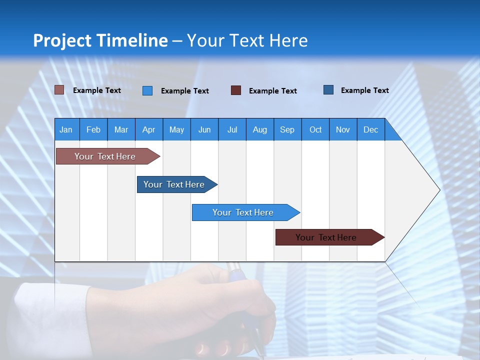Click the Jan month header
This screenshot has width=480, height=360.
(x=66, y=129)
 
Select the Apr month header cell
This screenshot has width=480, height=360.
(x=149, y=129)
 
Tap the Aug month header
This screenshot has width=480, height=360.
(x=260, y=129)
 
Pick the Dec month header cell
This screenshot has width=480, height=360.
(x=371, y=129)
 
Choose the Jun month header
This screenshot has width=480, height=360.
(x=204, y=129)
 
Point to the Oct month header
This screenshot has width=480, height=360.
(x=315, y=129)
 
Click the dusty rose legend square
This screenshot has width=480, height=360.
(x=59, y=90)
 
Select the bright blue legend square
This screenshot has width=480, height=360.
(x=147, y=90)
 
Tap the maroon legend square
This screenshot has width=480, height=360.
(x=236, y=90)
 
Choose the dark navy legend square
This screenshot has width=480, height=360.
(x=328, y=90)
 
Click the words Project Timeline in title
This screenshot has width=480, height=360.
(x=100, y=40)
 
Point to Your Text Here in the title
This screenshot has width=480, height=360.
(x=247, y=40)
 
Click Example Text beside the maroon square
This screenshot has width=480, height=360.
(x=273, y=91)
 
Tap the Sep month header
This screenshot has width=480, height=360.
(x=287, y=129)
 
